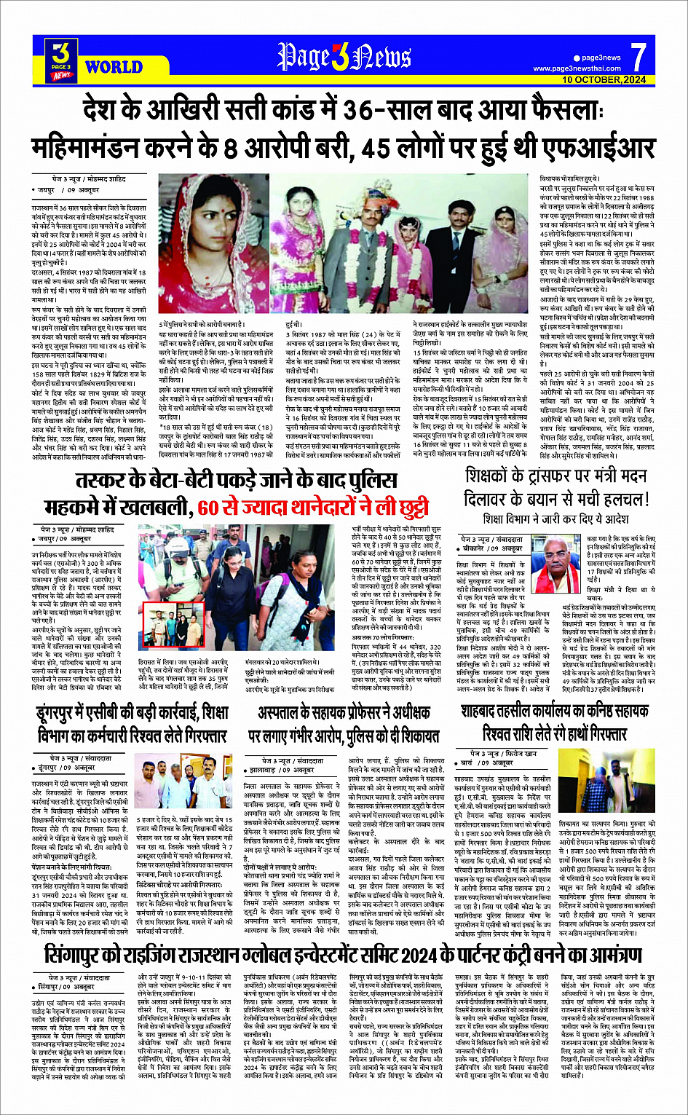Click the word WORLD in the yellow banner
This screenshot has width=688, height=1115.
coord(114,67)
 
